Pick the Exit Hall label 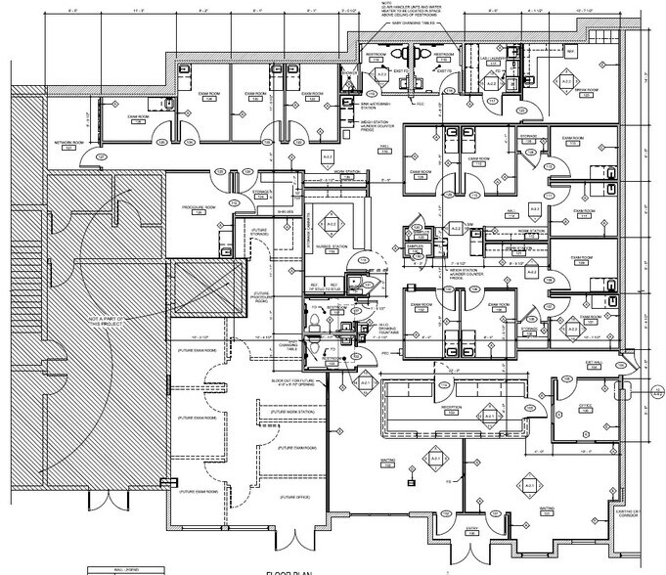591,362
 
